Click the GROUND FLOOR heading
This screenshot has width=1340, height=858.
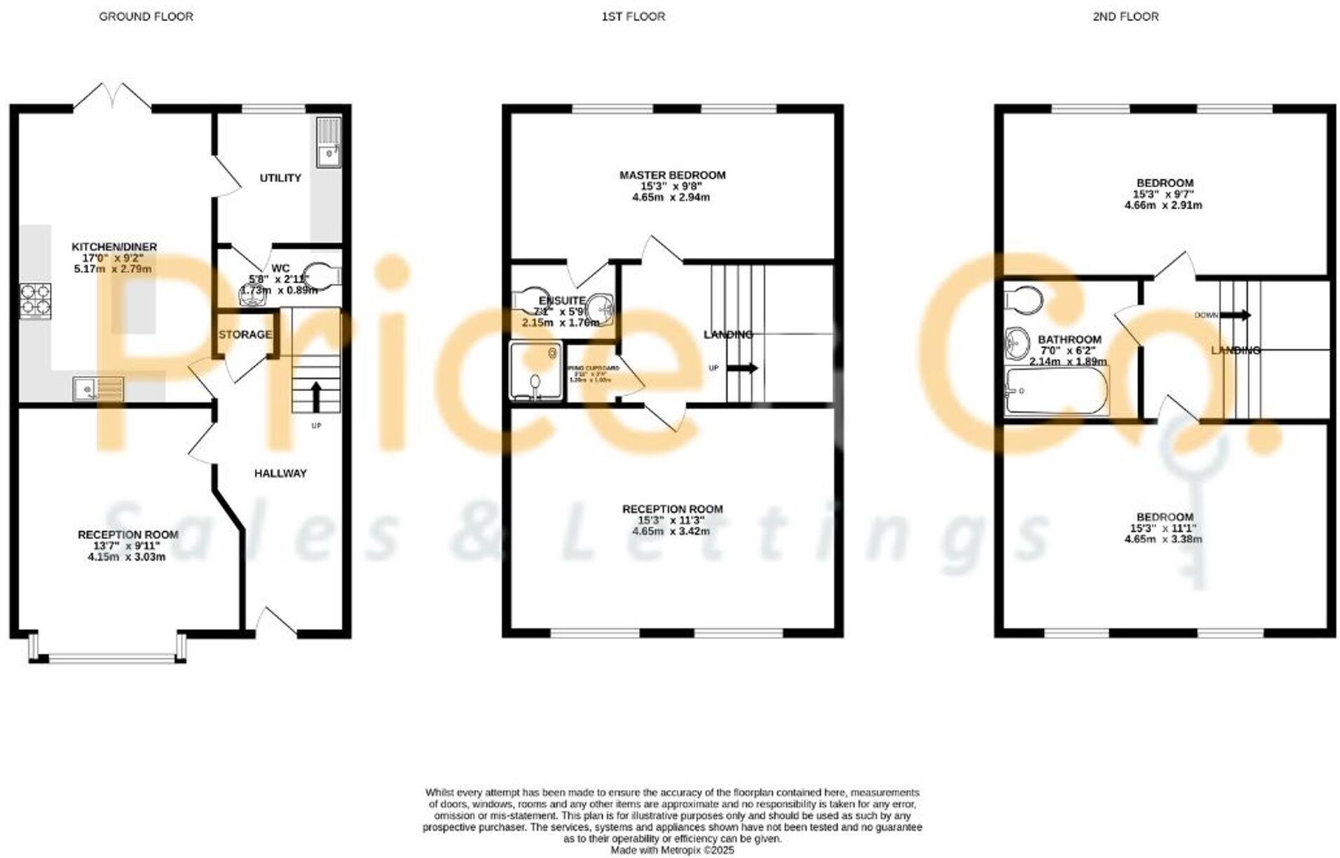pos(146,16)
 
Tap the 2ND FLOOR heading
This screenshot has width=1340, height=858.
pos(1125,16)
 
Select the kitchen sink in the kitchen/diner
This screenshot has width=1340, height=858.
pos(98,388)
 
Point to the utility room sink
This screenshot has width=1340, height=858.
pos(328,143)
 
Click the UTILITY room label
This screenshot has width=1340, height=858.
pos(280,178)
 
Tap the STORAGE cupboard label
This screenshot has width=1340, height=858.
pos(245,335)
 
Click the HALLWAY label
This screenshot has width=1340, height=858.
pos(280,473)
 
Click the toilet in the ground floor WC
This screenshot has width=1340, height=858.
pos(323,276)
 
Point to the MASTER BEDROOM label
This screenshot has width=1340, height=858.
pos(672,175)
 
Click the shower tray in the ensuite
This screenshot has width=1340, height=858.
pos(536,371)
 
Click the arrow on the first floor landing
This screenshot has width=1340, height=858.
pos(744,368)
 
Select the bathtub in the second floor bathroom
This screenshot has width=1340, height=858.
pos(1056,391)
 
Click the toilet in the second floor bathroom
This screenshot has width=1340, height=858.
pos(1023,299)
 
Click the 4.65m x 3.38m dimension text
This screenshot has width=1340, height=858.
pos(1163,539)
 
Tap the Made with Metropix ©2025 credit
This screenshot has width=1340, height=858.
pos(672,850)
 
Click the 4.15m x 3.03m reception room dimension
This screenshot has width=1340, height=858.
pos(127,557)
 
